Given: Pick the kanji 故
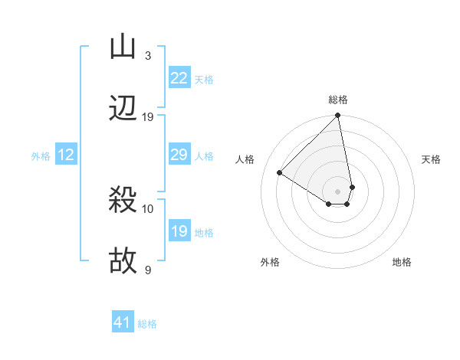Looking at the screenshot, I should pos(123,261).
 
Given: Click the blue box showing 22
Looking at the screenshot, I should pos(179,78).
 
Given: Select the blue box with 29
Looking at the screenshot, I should pos(179,155).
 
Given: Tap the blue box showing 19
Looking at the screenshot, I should pos(179,231).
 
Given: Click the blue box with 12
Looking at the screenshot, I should pos(66,155).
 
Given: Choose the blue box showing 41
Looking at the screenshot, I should pos(123,322).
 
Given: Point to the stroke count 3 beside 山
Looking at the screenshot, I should pos(147,56).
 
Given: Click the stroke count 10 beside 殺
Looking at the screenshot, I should pos(148,208).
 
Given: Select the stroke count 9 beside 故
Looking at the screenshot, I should pos(147,270).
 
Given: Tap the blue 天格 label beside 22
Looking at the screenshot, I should pos(204,79).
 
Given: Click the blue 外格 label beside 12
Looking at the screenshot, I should pos(41,155).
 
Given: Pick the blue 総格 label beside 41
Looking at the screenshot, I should pos(147,323).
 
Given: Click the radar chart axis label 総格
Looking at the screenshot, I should pos(338,100).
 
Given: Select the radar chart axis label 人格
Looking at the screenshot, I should pos(245,159).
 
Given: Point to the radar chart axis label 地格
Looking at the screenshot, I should pos(402,262).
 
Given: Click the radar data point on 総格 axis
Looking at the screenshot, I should pos(338,116).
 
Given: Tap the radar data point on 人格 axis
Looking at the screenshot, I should pos(280,172).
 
